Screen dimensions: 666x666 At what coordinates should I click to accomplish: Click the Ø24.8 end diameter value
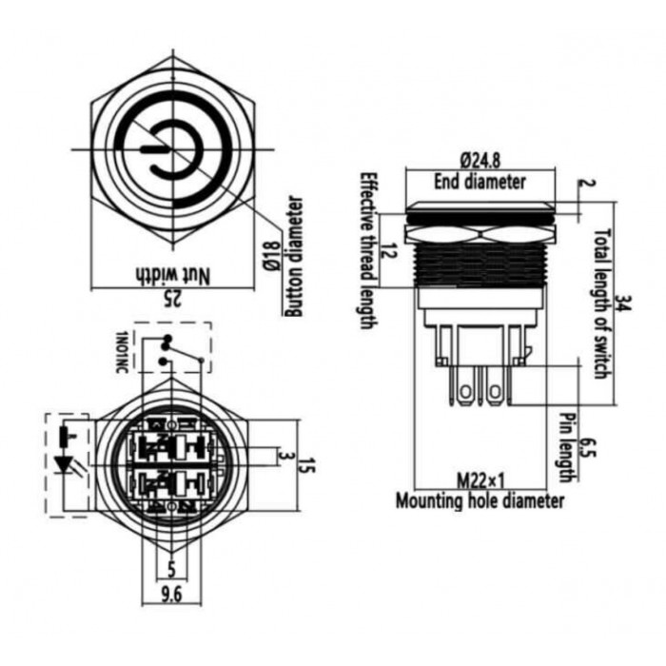click(480, 161)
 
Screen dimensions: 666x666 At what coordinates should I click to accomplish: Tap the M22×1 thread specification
click(480, 481)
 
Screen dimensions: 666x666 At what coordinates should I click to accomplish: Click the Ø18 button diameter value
click(272, 256)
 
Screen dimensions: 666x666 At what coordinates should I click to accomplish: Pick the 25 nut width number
click(173, 299)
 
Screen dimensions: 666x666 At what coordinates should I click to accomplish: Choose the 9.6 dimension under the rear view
click(171, 595)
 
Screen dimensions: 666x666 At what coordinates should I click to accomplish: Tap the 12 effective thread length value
click(391, 251)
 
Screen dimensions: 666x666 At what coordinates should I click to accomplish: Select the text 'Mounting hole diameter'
click(480, 501)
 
